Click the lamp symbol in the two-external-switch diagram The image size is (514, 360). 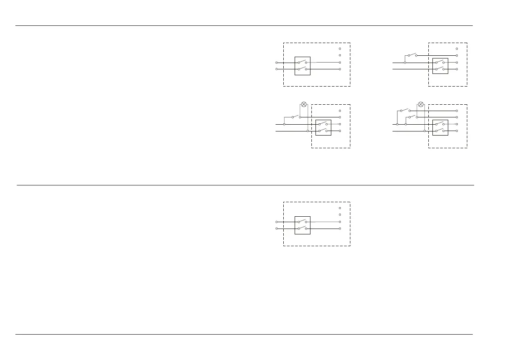pyautogui.click(x=421, y=104)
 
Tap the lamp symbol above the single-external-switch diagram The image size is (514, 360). pyautogui.click(x=304, y=104)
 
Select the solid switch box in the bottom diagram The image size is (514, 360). pyautogui.click(x=302, y=225)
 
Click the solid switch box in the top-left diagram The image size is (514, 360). pyautogui.click(x=302, y=66)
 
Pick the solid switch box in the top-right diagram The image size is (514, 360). pyautogui.click(x=440, y=66)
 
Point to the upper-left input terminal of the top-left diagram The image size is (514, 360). pyautogui.click(x=276, y=63)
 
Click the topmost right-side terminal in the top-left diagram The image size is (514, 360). pyautogui.click(x=340, y=49)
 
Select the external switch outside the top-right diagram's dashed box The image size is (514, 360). pyautogui.click(x=412, y=55)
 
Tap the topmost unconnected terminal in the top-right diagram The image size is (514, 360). pyautogui.click(x=457, y=49)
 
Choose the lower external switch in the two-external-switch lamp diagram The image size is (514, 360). pyautogui.click(x=412, y=117)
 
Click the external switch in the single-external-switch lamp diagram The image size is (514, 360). pyautogui.click(x=296, y=117)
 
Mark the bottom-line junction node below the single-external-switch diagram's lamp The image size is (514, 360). pyautogui.click(x=308, y=131)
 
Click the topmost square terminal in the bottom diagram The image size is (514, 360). pyautogui.click(x=340, y=208)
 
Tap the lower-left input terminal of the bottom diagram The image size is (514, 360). pyautogui.click(x=276, y=229)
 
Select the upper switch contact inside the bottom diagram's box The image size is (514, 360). pyautogui.click(x=302, y=222)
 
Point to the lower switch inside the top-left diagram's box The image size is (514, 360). pyautogui.click(x=302, y=69)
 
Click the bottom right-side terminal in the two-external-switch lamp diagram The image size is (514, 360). pyautogui.click(x=457, y=131)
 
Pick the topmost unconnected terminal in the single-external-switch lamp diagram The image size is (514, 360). pyautogui.click(x=340, y=111)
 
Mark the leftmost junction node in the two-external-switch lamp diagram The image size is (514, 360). pyautogui.click(x=397, y=124)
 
